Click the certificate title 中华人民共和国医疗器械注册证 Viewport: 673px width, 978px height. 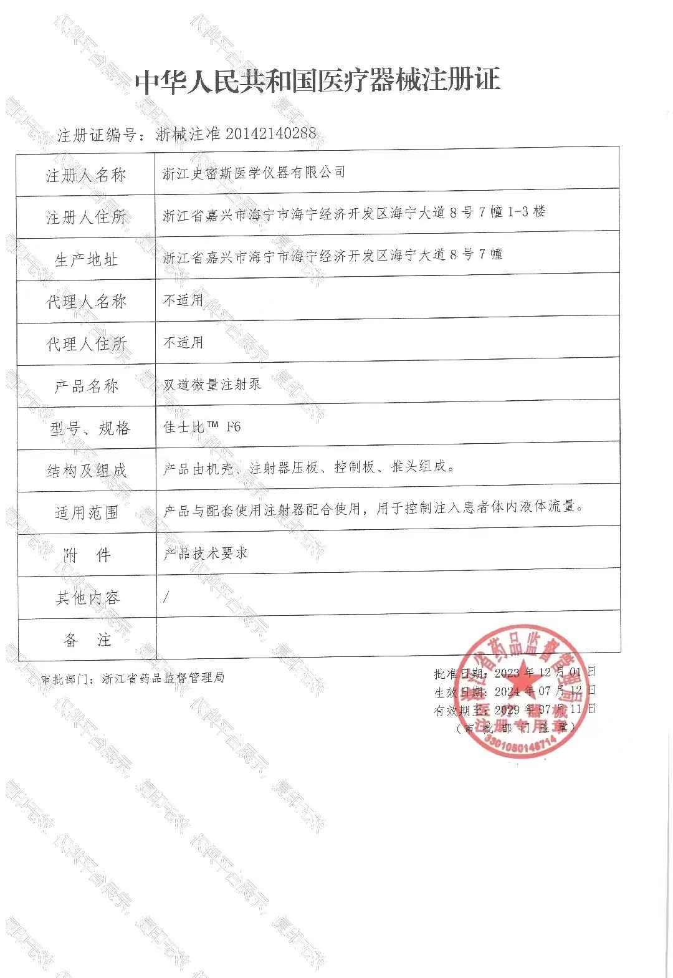(x=318, y=81)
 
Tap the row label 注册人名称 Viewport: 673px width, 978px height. (x=86, y=175)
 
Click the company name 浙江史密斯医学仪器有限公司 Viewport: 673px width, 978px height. (x=254, y=173)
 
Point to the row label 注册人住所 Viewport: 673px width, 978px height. (x=86, y=218)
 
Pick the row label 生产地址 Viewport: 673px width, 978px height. (x=86, y=260)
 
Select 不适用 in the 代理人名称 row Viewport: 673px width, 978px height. (x=183, y=300)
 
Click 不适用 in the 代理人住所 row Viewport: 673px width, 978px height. (x=183, y=342)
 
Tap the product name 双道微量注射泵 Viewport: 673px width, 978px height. (x=212, y=385)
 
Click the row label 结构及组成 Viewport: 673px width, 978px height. (x=86, y=471)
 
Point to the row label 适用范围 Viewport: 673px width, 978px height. (x=86, y=513)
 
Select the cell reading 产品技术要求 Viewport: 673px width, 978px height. (x=205, y=553)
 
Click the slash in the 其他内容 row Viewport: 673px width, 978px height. (x=166, y=597)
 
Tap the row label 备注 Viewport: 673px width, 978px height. (x=86, y=640)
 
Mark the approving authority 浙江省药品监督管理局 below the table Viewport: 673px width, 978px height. (x=163, y=678)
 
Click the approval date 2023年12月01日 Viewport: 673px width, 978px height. (x=545, y=673)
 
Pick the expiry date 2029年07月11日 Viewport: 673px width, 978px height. (x=545, y=709)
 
